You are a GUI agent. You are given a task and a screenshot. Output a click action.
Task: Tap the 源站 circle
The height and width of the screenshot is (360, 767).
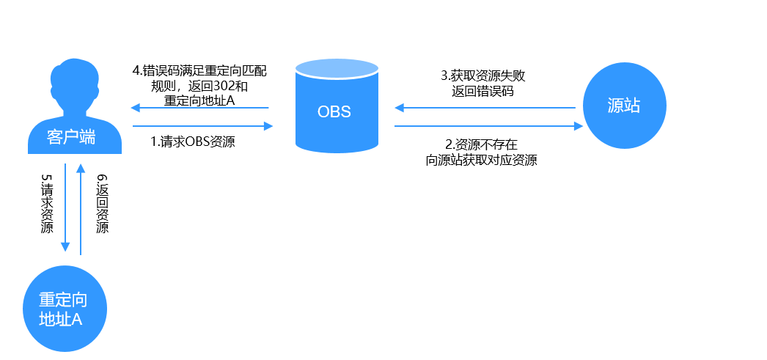624,105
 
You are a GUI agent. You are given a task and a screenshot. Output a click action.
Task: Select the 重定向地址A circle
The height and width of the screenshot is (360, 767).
65,309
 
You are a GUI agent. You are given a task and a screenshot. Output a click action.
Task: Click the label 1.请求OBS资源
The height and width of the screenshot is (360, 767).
193,142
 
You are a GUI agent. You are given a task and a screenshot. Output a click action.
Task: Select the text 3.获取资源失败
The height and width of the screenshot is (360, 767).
483,76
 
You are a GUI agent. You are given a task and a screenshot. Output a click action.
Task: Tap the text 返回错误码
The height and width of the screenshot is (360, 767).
483,91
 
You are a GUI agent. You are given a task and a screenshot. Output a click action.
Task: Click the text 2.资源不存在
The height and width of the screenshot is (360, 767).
481,144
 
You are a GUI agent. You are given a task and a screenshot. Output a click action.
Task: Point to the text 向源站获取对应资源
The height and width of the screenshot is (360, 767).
481,160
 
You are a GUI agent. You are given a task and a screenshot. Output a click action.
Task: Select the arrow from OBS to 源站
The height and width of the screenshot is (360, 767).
488,126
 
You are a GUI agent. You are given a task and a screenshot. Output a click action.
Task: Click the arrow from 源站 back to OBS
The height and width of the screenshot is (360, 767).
485,108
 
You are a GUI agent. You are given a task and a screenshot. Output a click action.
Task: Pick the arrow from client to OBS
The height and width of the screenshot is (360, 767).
202,126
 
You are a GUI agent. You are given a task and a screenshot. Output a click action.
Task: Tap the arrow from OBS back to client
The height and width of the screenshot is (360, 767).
199,108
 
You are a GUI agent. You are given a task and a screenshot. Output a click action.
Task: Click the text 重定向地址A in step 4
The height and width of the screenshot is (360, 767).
199,100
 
